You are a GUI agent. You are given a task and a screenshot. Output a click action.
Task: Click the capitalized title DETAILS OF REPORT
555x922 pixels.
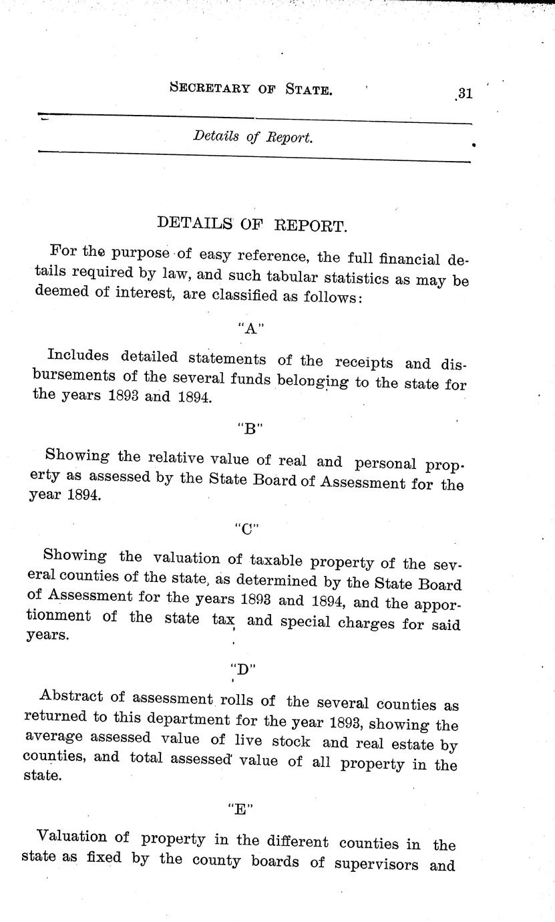coord(251,224)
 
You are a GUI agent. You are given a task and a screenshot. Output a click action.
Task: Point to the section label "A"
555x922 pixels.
coord(247,328)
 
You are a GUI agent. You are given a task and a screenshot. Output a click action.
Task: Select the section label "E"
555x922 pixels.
coord(239,808)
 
